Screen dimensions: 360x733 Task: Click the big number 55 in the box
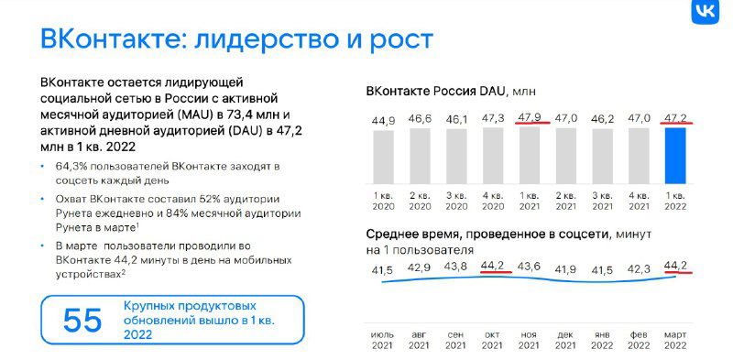click(x=82, y=320)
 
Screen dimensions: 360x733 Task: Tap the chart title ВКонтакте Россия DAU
click(x=433, y=92)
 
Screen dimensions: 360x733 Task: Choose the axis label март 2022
click(x=675, y=338)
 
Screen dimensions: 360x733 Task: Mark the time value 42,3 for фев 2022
click(x=640, y=268)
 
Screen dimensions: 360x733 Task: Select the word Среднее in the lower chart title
click(x=397, y=235)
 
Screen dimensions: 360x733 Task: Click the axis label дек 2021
click(x=565, y=338)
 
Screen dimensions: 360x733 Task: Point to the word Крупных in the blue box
click(x=150, y=305)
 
